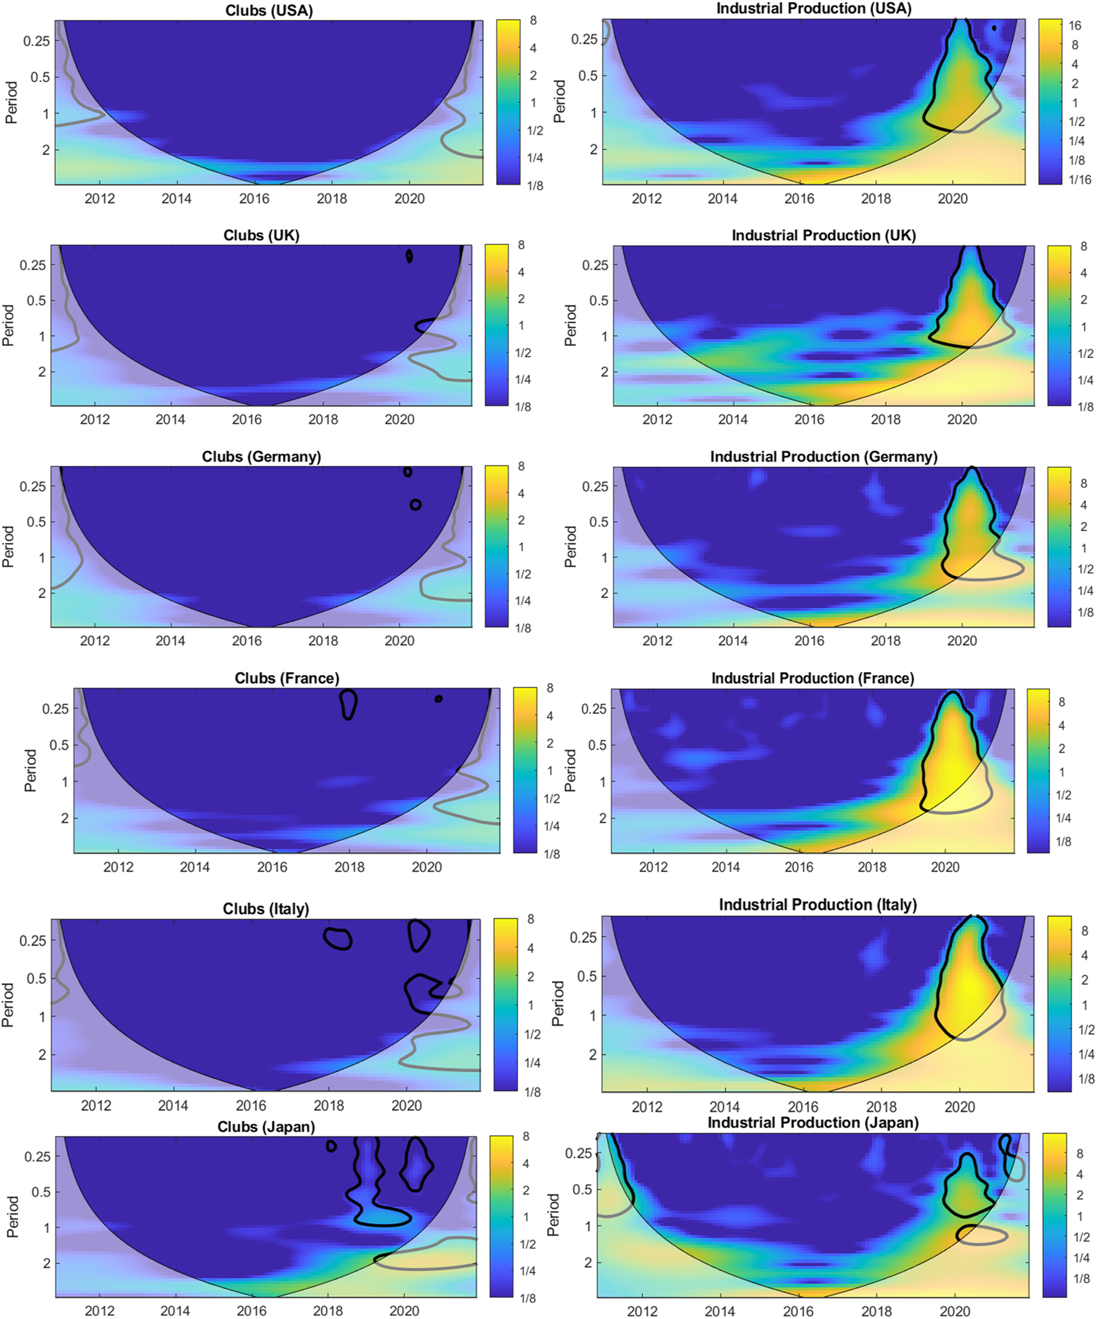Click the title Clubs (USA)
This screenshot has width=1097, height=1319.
coord(269,10)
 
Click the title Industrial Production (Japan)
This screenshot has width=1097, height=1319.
coord(813,1123)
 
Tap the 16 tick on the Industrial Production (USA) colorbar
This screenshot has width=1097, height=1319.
coord(1075,26)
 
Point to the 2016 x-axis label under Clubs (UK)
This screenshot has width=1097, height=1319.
coord(247,420)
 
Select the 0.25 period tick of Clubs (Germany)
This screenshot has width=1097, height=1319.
coord(33,486)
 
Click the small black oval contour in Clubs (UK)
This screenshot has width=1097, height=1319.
coord(409,256)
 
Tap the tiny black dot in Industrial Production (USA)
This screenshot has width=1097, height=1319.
coord(994,27)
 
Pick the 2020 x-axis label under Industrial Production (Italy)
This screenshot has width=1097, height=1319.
coord(959,1107)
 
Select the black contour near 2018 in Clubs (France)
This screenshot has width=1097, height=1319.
coord(348,704)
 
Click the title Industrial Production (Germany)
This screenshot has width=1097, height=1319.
coord(823,456)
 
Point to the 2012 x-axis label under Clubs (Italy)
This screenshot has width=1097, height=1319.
coord(96,1106)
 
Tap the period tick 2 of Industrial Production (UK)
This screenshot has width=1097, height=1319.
coord(604,372)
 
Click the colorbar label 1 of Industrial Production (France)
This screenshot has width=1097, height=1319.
coord(1062,772)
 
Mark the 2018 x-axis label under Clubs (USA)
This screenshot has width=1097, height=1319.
coord(331,199)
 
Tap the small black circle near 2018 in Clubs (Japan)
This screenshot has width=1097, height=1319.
coord(331,1146)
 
